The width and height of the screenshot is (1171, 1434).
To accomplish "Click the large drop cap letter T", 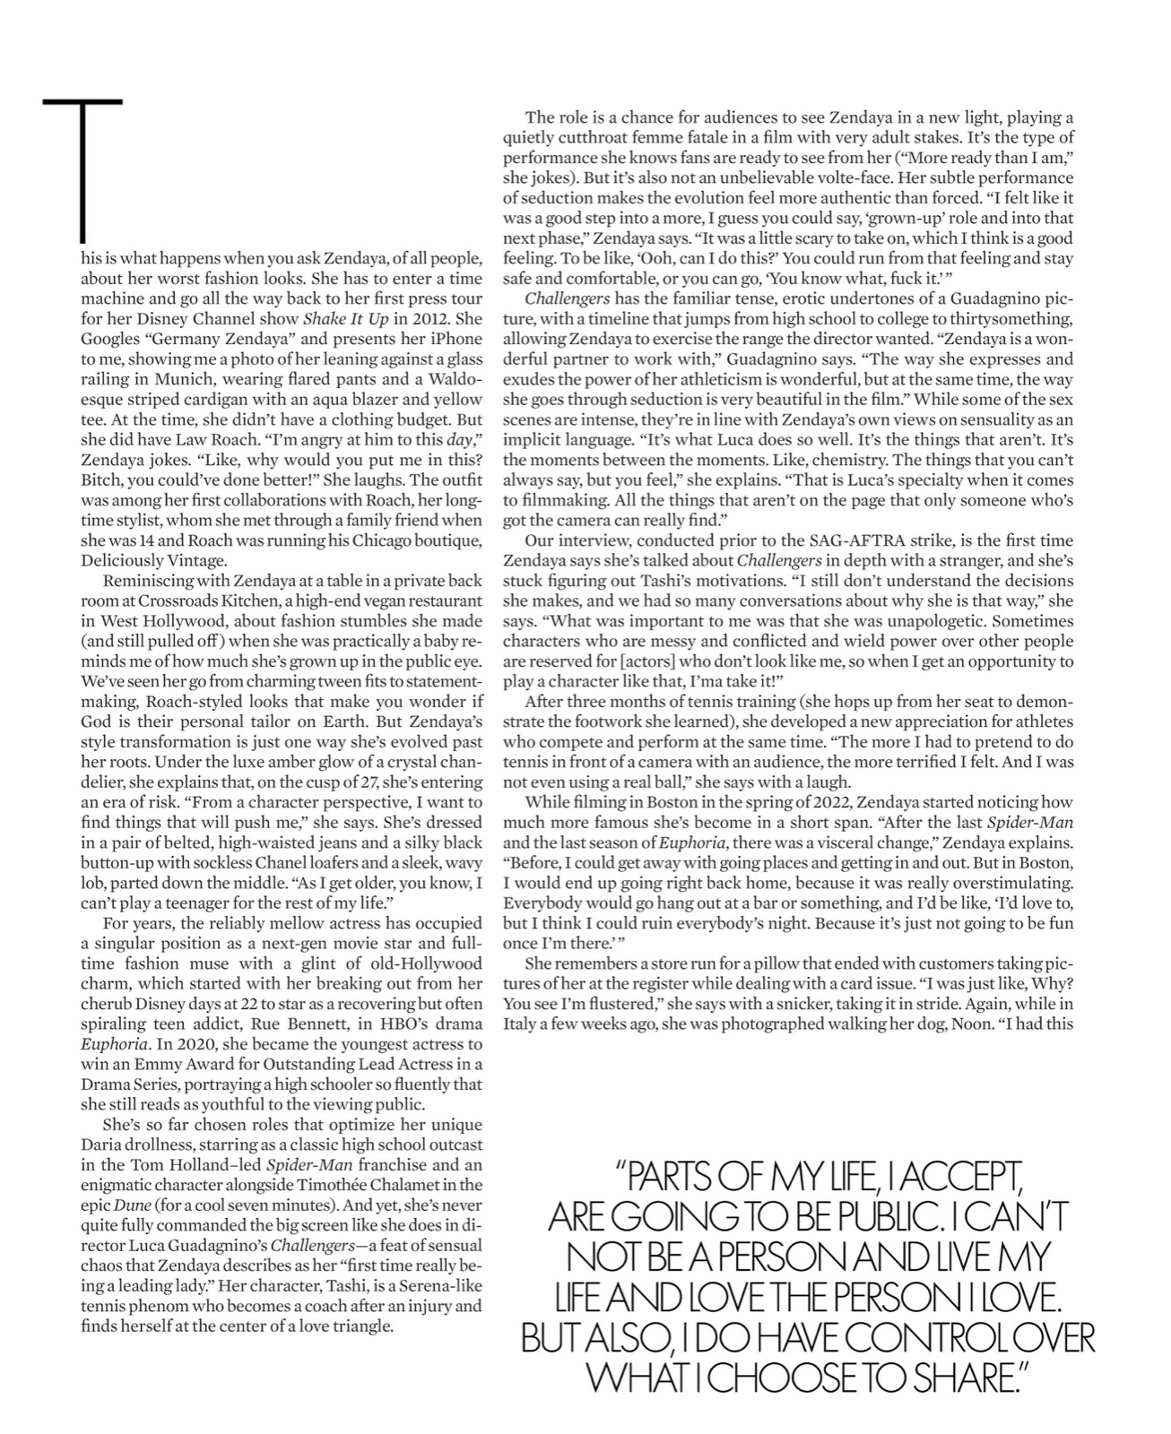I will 82,170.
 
